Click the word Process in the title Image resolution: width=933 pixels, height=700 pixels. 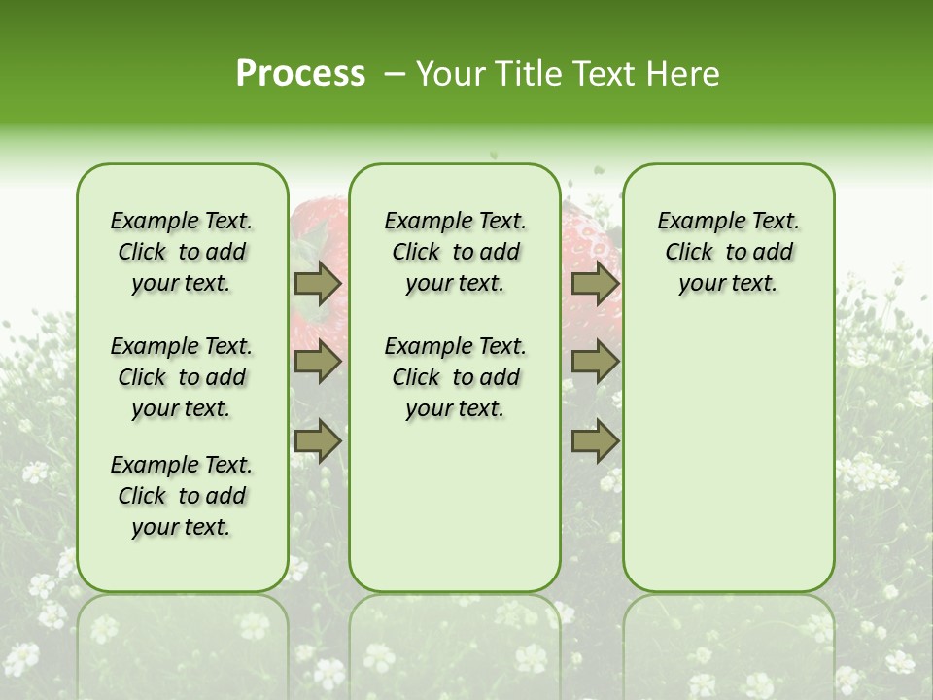(x=300, y=74)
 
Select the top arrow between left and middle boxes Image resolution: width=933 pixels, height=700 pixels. (x=318, y=283)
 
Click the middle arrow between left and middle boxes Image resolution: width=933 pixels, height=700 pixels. (x=318, y=363)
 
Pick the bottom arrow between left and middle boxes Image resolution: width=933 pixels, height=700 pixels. (x=318, y=440)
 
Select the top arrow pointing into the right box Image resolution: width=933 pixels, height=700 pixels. (x=595, y=283)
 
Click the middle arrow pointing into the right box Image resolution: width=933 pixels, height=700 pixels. (x=595, y=363)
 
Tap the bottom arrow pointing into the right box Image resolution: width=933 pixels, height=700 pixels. (x=595, y=440)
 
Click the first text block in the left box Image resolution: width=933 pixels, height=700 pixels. (x=182, y=252)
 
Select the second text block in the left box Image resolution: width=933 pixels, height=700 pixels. (x=182, y=377)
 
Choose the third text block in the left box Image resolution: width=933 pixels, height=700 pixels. (x=182, y=496)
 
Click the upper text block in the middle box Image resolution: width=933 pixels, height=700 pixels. (x=455, y=252)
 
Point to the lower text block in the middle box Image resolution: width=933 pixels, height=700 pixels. (x=455, y=377)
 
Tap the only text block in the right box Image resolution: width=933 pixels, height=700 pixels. (x=728, y=252)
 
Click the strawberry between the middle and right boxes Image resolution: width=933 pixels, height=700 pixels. (x=589, y=243)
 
